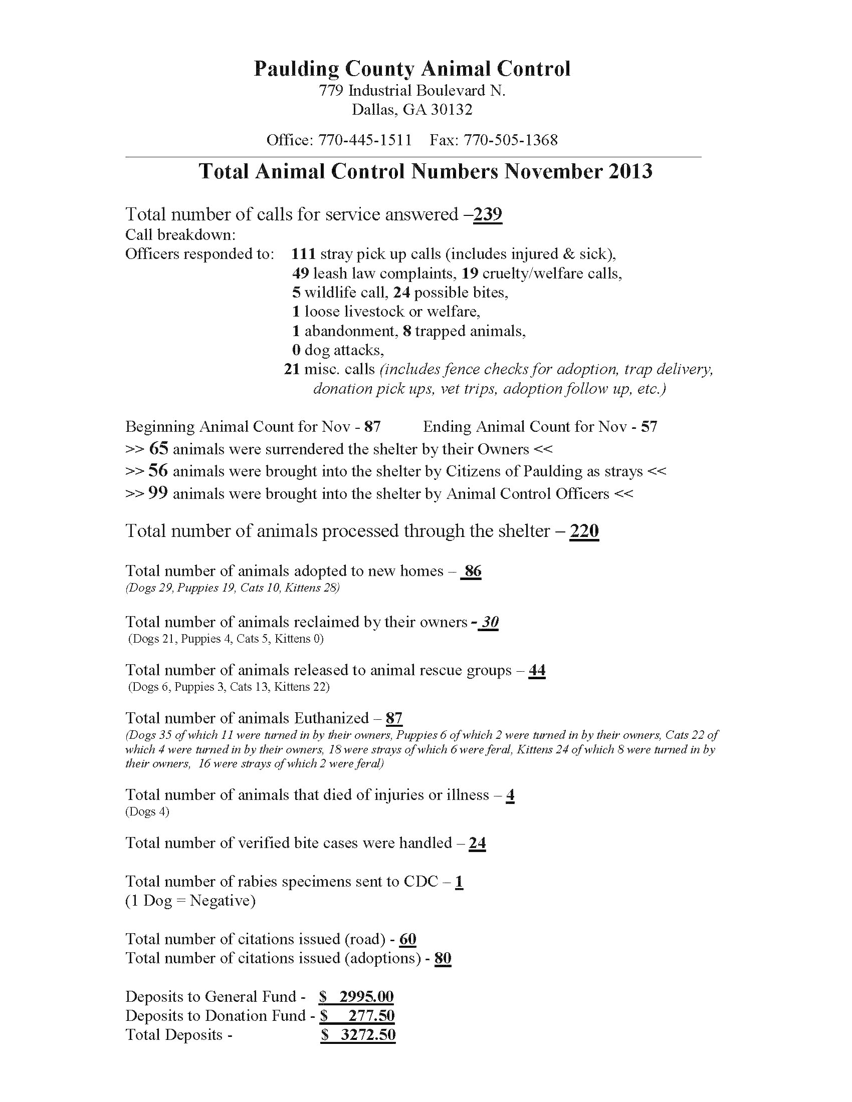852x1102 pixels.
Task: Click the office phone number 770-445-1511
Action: (x=364, y=140)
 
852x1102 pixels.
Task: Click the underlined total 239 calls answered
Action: (x=488, y=214)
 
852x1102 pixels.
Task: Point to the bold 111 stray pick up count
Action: (x=303, y=253)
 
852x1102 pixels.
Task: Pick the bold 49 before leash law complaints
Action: (x=300, y=273)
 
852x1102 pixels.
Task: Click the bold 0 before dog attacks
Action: (x=296, y=350)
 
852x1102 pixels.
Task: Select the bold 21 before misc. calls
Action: (x=292, y=369)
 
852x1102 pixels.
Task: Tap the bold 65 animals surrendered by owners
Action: (x=158, y=449)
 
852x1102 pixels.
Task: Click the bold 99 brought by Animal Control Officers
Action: (x=158, y=493)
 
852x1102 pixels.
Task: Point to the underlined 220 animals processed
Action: (x=584, y=531)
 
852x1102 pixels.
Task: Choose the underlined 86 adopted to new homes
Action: (x=473, y=571)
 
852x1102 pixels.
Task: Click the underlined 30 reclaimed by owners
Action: (x=489, y=622)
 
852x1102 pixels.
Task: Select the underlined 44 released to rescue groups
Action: (x=537, y=670)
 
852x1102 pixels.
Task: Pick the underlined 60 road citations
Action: (x=408, y=939)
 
